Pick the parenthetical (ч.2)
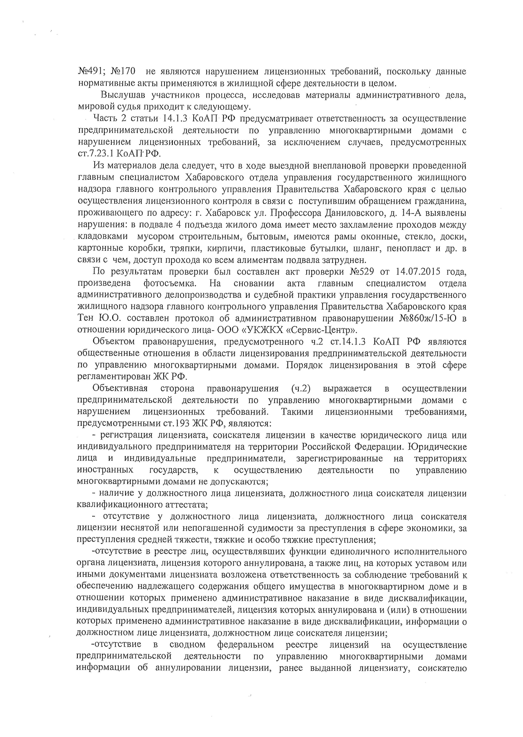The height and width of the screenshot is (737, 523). pos(300,389)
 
